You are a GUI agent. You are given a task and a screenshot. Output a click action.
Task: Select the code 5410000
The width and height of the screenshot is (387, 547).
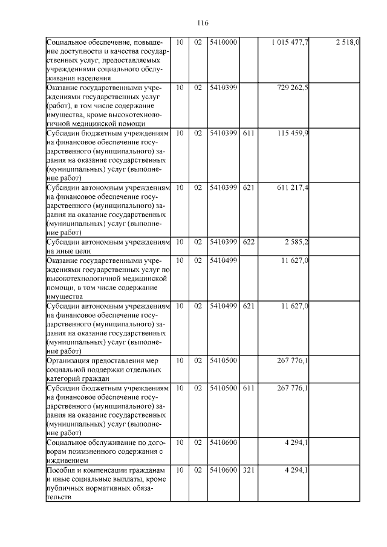(x=223, y=42)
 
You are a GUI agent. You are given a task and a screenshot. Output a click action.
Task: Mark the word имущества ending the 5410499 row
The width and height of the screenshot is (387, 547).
(x=65, y=297)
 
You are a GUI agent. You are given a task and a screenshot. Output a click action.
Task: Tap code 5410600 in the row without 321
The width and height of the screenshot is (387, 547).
(x=223, y=442)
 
